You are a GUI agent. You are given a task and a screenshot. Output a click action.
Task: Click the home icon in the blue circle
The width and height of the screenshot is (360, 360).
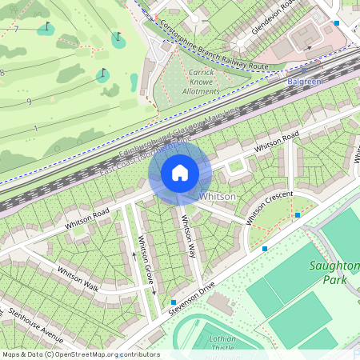[x=180, y=173]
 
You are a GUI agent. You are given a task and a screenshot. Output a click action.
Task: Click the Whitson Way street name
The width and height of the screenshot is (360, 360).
[x=189, y=236]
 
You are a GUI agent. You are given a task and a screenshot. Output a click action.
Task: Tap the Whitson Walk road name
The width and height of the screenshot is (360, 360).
[x=78, y=277]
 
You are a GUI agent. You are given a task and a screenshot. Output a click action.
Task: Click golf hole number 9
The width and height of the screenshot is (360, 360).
[x=29, y=102]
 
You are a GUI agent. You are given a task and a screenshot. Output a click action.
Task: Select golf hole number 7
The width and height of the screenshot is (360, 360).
[x=15, y=30]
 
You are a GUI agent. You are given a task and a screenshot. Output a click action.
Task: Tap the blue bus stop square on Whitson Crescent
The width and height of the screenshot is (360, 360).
[x=298, y=215]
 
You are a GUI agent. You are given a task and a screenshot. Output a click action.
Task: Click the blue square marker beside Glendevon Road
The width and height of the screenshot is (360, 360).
[x=337, y=23]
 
